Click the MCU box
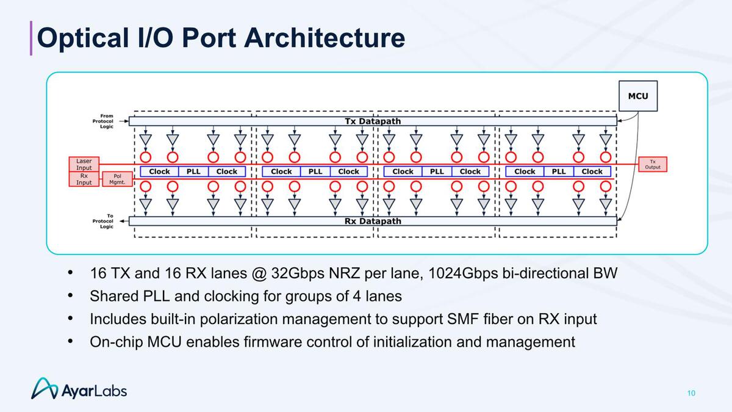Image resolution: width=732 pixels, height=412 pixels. (x=638, y=96)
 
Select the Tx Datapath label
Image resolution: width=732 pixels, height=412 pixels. (x=373, y=121)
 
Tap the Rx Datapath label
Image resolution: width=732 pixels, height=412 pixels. (x=373, y=221)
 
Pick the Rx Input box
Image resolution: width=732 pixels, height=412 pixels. (x=84, y=178)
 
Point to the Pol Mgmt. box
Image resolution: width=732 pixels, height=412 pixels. (x=119, y=178)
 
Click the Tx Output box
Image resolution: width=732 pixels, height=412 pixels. (x=653, y=164)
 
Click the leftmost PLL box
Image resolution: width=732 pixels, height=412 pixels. (x=193, y=172)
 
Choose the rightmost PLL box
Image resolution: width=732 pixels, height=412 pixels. (x=559, y=172)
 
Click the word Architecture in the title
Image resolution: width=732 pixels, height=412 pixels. (x=324, y=38)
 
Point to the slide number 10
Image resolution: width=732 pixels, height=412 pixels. (x=691, y=392)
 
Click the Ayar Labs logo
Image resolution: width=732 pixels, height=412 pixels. (x=79, y=389)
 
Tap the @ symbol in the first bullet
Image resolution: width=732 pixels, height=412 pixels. (x=257, y=273)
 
